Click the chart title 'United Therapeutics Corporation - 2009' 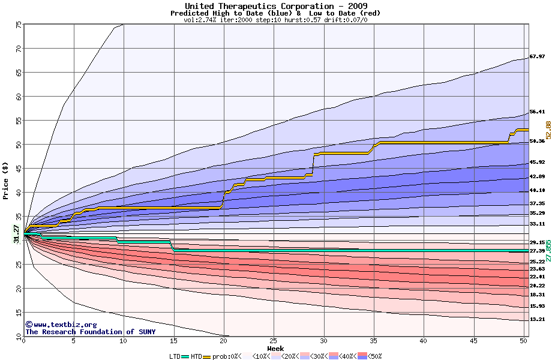[x=275, y=6]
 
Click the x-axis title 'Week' [x=275, y=348]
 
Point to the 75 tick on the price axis [x=18, y=25]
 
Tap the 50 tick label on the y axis [x=18, y=145]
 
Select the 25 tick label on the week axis [x=274, y=341]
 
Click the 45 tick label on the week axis [x=473, y=341]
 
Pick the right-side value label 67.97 [x=537, y=56]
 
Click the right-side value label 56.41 [x=537, y=112]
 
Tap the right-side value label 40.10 [x=537, y=190]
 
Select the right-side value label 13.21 [x=537, y=319]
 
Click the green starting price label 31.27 [x=16, y=233]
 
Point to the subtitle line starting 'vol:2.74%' [x=275, y=20]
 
